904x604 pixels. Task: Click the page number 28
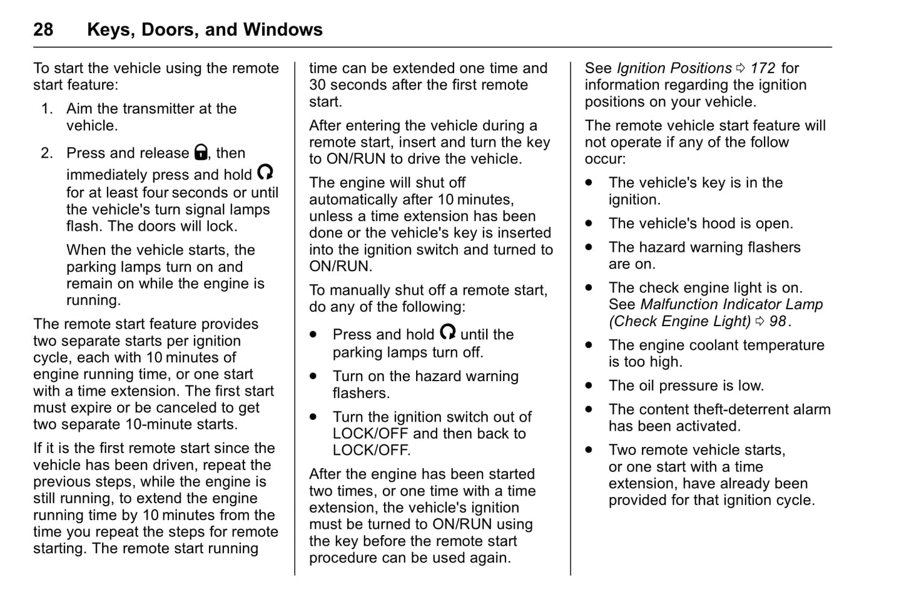click(x=43, y=29)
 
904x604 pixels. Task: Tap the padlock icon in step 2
click(x=201, y=152)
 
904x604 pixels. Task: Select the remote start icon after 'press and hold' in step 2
click(x=265, y=172)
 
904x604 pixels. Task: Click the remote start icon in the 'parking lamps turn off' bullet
click(x=447, y=332)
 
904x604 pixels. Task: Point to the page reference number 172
click(x=763, y=68)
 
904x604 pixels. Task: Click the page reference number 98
click(x=778, y=322)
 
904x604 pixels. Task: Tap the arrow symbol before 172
click(x=741, y=68)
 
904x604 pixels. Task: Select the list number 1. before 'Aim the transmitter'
click(x=47, y=109)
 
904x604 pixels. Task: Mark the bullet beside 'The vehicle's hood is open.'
click(x=589, y=223)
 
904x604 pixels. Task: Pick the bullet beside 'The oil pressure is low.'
click(x=589, y=386)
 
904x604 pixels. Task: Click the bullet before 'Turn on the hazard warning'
click(x=313, y=376)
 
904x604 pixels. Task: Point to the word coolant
click(x=716, y=346)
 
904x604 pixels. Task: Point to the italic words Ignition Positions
click(x=674, y=68)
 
